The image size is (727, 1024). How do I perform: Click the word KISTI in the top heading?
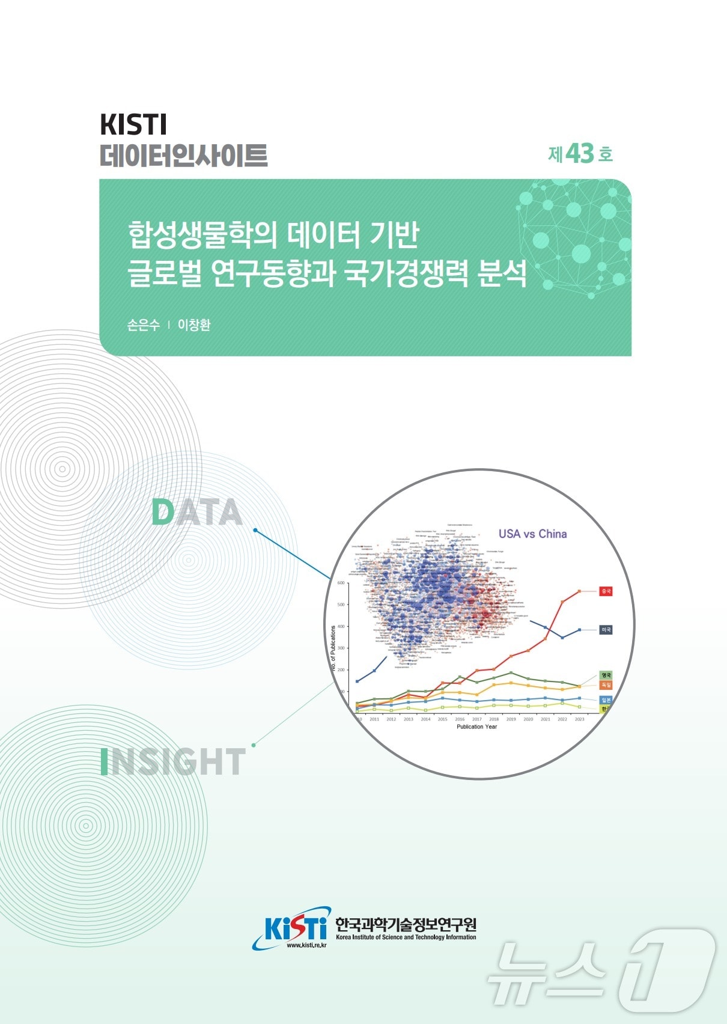133,124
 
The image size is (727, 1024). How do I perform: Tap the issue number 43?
579,154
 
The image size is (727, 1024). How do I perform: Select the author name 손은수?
144,325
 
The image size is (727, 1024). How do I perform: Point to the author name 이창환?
194,325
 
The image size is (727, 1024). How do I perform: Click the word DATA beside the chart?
196,513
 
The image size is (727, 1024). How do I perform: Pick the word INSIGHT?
173,761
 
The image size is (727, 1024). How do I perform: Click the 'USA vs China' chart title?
532,534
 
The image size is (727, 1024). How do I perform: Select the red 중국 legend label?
606,591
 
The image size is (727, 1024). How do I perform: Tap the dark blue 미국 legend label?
606,630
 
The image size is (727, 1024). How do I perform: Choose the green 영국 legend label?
606,675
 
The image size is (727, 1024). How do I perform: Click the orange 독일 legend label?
606,685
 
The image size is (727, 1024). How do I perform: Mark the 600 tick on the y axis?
341,583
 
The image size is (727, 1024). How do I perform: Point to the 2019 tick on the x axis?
511,719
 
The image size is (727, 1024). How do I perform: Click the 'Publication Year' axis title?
476,727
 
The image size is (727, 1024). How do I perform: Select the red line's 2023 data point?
579,591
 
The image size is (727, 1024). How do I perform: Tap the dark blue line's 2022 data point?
562,638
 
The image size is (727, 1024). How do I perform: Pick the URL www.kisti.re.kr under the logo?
306,945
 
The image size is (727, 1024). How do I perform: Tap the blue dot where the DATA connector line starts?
255,530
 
